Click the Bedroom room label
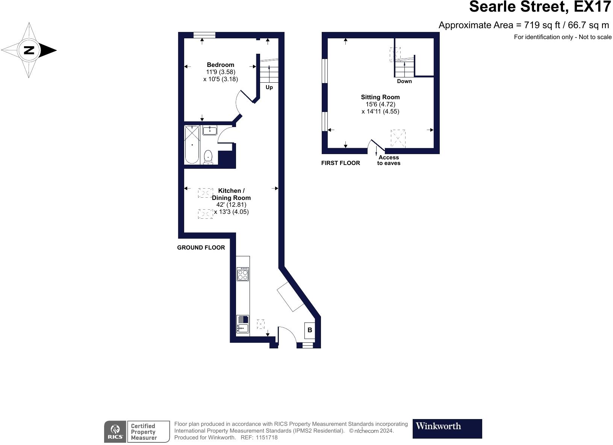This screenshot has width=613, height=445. (x=220, y=65)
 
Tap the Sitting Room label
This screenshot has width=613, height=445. (x=380, y=97)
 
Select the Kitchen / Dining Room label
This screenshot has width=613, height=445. (x=231, y=194)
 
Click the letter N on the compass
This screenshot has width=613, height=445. (x=29, y=50)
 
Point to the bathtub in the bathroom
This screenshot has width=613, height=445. (x=192, y=144)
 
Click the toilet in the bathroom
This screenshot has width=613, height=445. (x=208, y=157)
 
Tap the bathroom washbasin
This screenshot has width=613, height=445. (x=210, y=130)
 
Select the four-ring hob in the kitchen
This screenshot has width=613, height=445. (x=243, y=274)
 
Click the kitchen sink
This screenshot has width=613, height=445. (x=243, y=324)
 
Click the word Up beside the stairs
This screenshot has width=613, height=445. (x=269, y=87)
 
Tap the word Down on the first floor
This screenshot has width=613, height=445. (x=404, y=81)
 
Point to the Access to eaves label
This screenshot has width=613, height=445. (x=389, y=160)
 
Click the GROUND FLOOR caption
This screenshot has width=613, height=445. (x=201, y=248)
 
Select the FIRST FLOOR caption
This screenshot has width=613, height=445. (x=341, y=163)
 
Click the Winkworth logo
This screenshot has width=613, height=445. (x=447, y=428)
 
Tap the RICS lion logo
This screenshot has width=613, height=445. (x=115, y=431)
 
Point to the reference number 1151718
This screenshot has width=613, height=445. (x=266, y=437)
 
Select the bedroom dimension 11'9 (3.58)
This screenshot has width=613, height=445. (x=221, y=72)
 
